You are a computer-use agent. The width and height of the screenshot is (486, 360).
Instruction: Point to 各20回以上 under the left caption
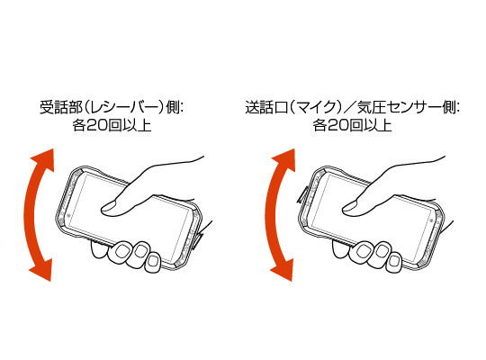(112, 126)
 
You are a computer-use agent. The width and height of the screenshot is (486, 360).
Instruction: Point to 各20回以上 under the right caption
(353, 126)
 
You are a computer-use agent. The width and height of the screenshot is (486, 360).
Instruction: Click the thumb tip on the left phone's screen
(109, 209)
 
